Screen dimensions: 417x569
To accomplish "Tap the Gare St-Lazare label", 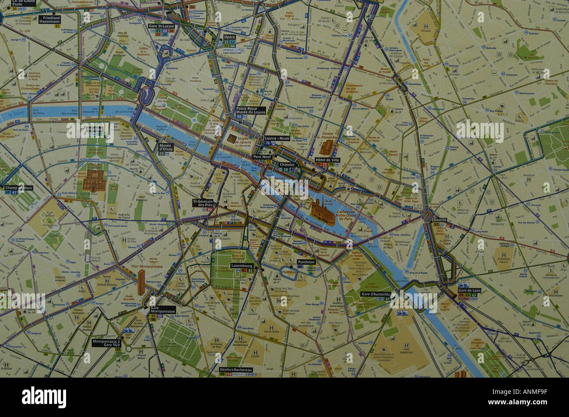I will coord(162,26).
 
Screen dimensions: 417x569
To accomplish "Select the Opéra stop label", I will coord(229,38).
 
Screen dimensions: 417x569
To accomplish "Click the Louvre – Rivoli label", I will coord(277,138).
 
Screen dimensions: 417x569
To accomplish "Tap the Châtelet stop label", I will coord(288,164).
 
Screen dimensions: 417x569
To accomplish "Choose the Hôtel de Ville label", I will coord(327,160).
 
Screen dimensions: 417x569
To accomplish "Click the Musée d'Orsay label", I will coord(165,147).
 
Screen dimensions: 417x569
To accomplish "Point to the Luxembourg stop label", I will coord(242,265).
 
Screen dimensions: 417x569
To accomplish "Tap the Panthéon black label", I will coord(306,262).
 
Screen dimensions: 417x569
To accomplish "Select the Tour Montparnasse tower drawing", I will coord(142,282).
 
